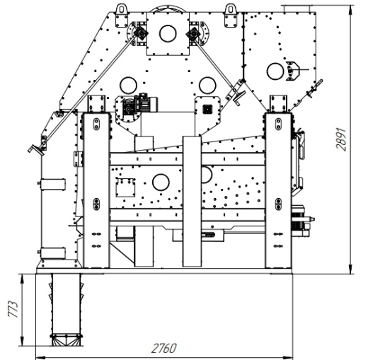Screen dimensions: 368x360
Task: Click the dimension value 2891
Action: click(x=341, y=139)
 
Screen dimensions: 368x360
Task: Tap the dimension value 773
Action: click(x=13, y=309)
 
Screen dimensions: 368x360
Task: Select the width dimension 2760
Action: click(x=163, y=348)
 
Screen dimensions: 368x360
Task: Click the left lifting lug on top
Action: click(x=122, y=16)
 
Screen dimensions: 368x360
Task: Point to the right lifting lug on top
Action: click(x=231, y=16)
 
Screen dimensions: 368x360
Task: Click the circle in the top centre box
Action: click(x=168, y=33)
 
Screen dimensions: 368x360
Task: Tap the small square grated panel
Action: click(x=207, y=109)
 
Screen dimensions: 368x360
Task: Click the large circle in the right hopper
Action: click(x=275, y=71)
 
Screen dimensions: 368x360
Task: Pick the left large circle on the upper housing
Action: click(x=128, y=86)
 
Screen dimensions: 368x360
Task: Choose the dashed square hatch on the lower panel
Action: click(x=125, y=187)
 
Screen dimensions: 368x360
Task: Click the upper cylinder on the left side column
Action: click(x=52, y=185)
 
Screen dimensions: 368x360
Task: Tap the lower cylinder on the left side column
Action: click(x=52, y=253)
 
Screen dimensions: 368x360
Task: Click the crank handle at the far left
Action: click(x=36, y=150)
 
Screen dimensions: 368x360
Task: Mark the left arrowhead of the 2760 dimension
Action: click(x=40, y=357)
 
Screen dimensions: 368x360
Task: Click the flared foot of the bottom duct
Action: click(x=67, y=340)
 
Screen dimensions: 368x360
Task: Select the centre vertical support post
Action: click(x=192, y=202)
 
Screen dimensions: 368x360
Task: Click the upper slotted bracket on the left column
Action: click(x=96, y=124)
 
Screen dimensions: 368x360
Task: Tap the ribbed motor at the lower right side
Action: click(x=298, y=221)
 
